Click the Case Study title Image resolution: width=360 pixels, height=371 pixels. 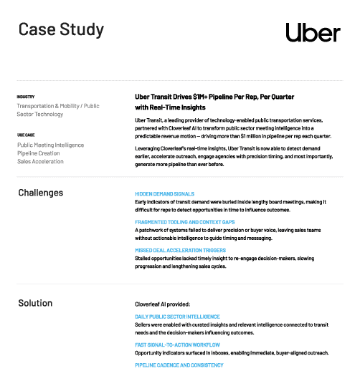(60, 29)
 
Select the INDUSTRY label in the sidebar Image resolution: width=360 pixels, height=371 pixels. (26, 96)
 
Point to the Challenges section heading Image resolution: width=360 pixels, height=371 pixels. (40, 193)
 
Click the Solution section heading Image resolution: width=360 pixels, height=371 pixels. (35, 303)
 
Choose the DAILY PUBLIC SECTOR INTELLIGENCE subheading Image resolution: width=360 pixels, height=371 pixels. (177, 317)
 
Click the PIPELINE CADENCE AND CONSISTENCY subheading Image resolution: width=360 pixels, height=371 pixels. (179, 365)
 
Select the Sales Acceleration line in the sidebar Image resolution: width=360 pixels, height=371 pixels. (40, 162)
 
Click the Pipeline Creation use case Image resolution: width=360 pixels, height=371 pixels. (39, 153)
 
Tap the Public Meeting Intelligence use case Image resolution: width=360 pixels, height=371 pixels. (50, 145)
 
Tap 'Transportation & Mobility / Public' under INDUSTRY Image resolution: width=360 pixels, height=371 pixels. (59, 105)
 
